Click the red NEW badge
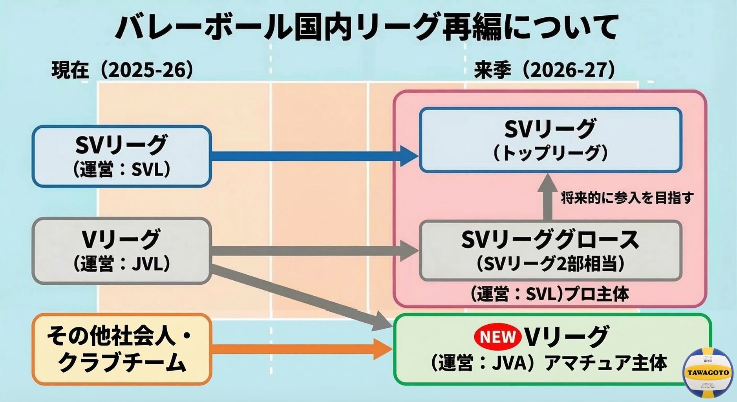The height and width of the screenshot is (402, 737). (497, 337)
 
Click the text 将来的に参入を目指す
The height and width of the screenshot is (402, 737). (627, 198)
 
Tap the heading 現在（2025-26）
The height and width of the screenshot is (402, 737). (122, 70)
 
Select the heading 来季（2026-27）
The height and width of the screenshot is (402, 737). (544, 70)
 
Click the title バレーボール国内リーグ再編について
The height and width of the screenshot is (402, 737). (367, 27)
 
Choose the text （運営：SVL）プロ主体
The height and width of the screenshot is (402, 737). (549, 294)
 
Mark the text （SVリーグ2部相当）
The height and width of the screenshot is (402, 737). (550, 263)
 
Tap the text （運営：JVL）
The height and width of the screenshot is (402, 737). (122, 263)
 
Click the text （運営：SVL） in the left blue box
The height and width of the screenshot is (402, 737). (122, 170)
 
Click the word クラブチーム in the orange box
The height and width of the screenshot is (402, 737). (122, 362)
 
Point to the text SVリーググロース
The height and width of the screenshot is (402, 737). (550, 239)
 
